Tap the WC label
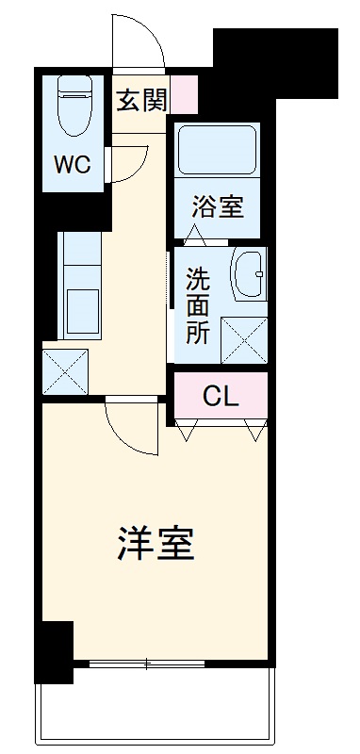[x=71, y=165]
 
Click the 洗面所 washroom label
[x=197, y=305]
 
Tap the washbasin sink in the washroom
[x=249, y=275]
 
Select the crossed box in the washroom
[x=243, y=339]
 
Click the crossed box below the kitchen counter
[x=65, y=372]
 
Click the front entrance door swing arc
[x=137, y=42]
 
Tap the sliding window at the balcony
[x=146, y=664]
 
